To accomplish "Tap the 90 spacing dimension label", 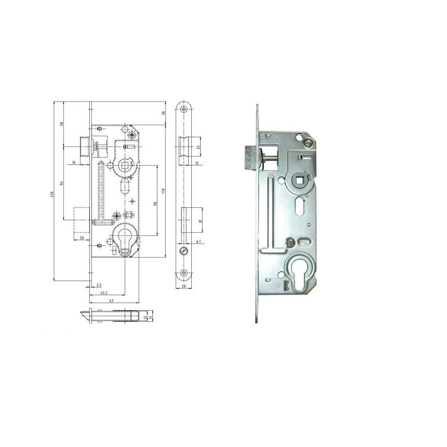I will tap(155, 203).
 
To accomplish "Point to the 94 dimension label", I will tap(63, 183).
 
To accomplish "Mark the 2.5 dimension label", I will tap(99, 285).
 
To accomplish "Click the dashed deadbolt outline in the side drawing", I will tap(82, 220).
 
